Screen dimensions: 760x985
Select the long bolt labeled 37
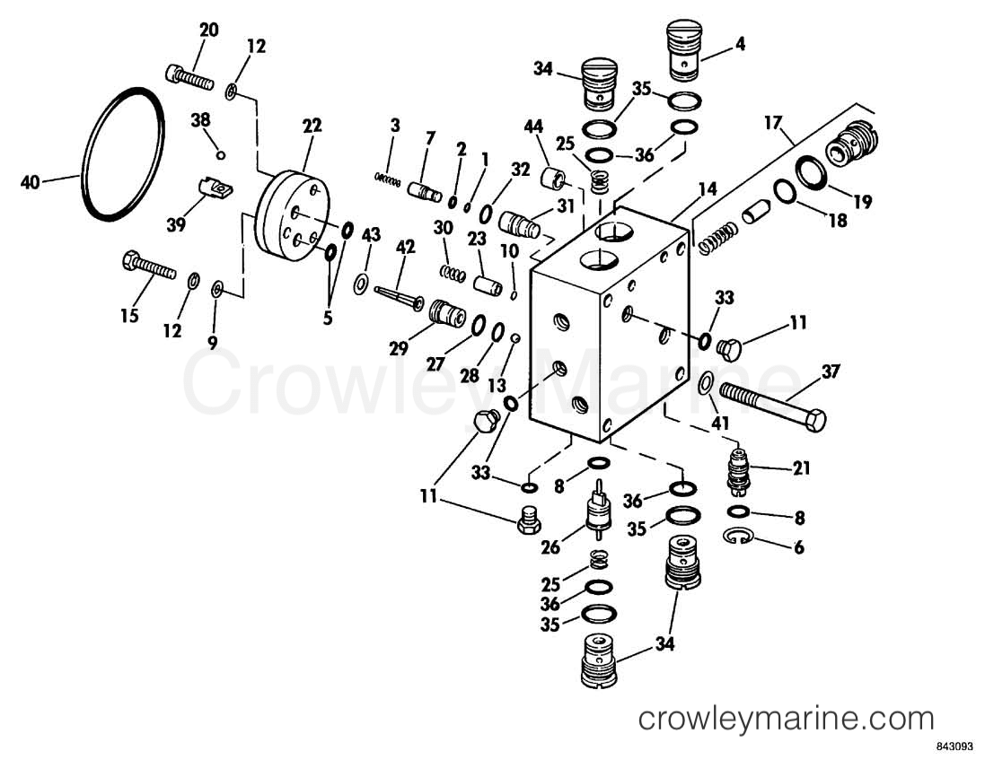coord(771,403)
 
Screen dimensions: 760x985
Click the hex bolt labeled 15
coord(147,267)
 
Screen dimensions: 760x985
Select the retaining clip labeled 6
coord(737,537)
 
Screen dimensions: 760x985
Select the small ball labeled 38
coord(222,154)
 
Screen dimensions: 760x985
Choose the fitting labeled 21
coord(737,472)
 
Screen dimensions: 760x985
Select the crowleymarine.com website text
coord(786,719)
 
